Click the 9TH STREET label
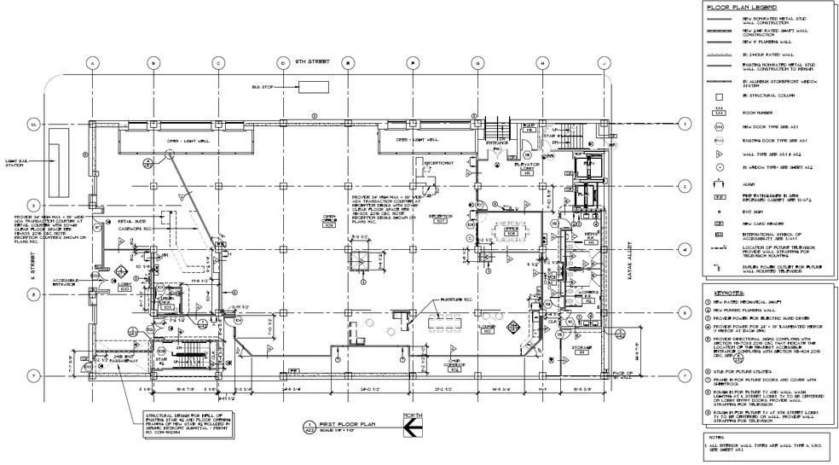point(310,63)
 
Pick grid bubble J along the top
point(602,63)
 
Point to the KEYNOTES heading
point(724,291)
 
